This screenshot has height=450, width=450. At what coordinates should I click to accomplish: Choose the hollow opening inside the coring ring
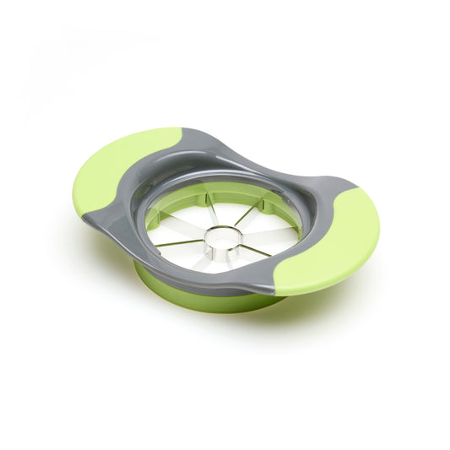click(221, 239)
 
